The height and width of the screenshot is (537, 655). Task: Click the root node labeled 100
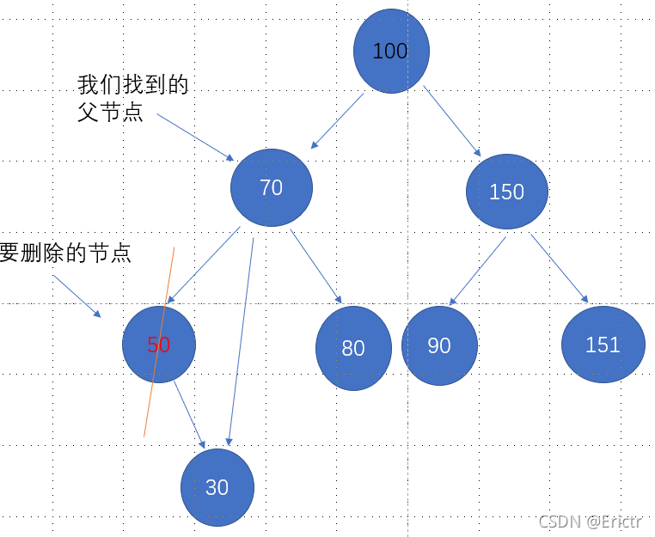pos(391,51)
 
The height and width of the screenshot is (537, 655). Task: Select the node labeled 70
pos(272,187)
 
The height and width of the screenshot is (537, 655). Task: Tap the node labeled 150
pos(507,192)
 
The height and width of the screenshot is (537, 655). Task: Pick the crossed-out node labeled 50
pos(159,345)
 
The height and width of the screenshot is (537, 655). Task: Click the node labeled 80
pos(353,348)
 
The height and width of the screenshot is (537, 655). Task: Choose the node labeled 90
pos(439,345)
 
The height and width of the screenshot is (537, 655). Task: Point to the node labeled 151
pos(603,345)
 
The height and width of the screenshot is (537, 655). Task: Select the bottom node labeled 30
pos(217,487)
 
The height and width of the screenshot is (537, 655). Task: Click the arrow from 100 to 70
pos(337,121)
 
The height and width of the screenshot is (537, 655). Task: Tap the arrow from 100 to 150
pos(452,121)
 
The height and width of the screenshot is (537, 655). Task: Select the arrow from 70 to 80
pos(316,267)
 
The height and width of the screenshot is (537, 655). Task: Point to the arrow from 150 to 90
pos(478,271)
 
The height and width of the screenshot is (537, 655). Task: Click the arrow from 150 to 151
pos(559,269)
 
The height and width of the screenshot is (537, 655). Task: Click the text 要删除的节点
pos(65,253)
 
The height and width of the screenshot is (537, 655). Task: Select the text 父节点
pos(110,112)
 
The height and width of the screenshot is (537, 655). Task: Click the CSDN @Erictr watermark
pos(592,522)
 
